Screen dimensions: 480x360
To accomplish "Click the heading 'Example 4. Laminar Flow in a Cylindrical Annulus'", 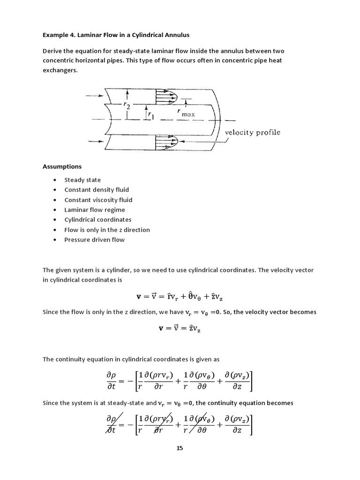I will [x=116, y=35].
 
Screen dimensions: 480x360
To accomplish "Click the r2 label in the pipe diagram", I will [x=127, y=106].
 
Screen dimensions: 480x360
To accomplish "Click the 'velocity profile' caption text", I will [x=253, y=132].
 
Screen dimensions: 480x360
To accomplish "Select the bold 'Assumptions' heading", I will [x=62, y=166].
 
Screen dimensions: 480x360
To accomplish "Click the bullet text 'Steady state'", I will [x=82, y=180].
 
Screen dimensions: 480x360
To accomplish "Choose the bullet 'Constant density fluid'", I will [x=97, y=190].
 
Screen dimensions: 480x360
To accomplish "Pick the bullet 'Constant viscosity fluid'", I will [x=98, y=200].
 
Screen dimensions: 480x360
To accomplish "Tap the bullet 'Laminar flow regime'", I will [x=95, y=210].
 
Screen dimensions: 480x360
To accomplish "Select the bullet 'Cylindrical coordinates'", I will [x=98, y=220].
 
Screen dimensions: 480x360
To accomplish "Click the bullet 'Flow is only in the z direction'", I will [x=107, y=230].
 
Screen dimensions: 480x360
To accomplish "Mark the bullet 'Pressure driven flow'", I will [x=95, y=240].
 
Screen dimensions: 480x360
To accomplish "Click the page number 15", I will [x=180, y=448].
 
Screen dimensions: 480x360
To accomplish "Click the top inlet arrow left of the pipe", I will [x=94, y=96].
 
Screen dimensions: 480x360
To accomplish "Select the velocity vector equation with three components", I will [x=180, y=297].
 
